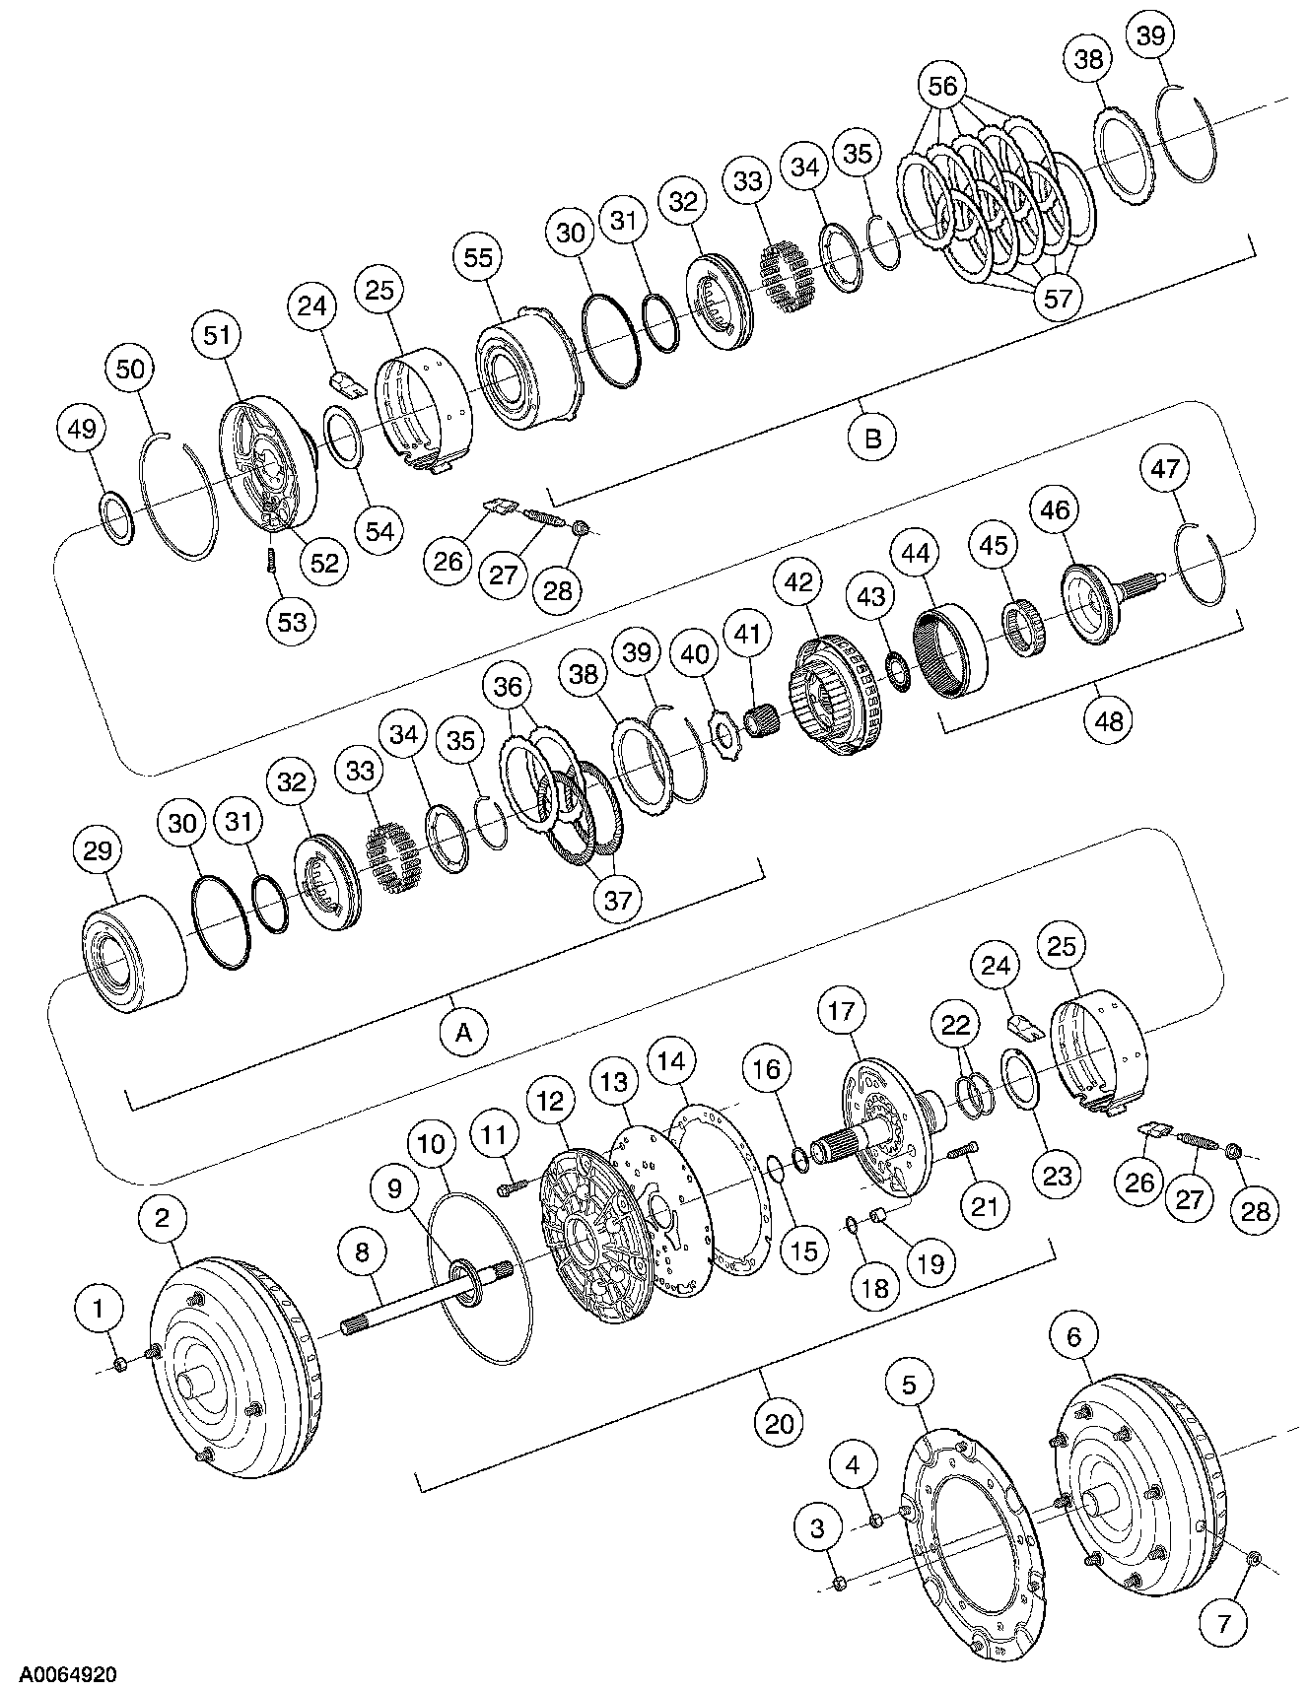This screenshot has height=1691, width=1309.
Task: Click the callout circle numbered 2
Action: [163, 1218]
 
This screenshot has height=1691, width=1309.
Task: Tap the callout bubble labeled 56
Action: [942, 86]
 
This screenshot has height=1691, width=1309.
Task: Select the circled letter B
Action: [872, 437]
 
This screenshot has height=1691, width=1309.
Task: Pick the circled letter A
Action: [463, 1032]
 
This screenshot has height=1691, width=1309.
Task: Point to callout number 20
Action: [779, 1423]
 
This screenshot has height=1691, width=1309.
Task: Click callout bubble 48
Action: [1108, 721]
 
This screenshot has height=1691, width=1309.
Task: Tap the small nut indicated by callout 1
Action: [119, 1364]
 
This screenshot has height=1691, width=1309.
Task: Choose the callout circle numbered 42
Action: [798, 581]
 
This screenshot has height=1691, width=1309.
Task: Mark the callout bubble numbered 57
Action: [1057, 297]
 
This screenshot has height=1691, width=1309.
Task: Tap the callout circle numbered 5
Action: [908, 1384]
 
